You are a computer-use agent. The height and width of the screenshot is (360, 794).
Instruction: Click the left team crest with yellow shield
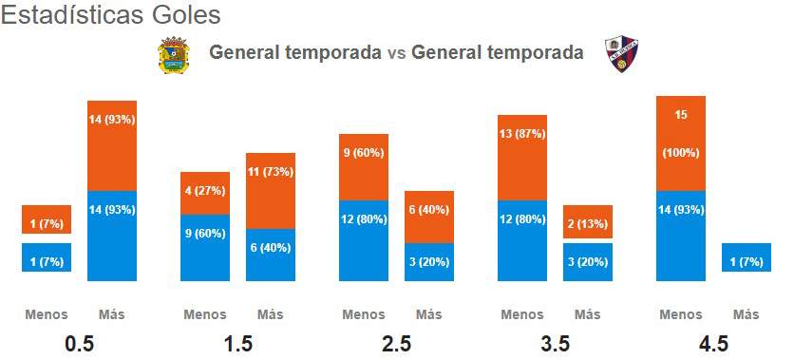coord(174,55)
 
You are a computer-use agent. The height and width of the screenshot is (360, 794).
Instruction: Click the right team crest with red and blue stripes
coord(621,54)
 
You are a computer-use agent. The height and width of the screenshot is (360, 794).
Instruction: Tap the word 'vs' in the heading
coord(396,52)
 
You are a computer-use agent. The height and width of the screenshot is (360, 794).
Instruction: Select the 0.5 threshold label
coord(80,344)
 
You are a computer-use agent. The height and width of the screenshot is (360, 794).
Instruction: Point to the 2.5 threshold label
coord(396,344)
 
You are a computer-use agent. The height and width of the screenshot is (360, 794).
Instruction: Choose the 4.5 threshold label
coord(713,344)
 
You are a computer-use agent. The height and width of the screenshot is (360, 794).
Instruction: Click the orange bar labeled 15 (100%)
coord(681,143)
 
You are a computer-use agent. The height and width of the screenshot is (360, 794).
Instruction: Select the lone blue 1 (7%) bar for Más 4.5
coord(747,257)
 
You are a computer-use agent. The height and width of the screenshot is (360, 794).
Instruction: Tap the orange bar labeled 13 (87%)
coord(522,158)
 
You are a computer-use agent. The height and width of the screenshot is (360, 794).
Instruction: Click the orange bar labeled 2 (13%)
coord(588,221)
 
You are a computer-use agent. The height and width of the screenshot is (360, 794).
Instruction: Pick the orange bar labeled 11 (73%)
coord(271,191)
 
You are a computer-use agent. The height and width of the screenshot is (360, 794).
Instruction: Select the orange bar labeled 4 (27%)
coord(205,194)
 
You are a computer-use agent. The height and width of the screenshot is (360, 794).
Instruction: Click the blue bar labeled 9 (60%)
coord(205,248)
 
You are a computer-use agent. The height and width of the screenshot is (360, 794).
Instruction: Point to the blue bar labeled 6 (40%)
coord(271,255)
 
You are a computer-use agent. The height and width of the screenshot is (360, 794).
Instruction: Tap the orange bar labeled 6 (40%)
coord(429,218)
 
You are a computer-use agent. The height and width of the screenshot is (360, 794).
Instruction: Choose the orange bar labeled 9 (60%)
coord(364,167)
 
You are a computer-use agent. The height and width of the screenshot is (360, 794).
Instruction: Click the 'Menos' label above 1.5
coord(205,315)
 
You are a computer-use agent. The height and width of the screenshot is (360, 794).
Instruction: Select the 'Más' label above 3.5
coord(587,315)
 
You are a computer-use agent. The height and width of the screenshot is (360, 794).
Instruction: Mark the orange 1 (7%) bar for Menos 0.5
coord(47,219)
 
